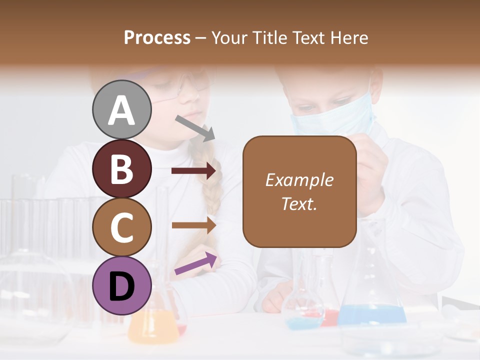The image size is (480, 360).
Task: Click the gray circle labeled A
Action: [121, 109]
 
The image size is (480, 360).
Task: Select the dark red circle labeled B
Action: [121, 168]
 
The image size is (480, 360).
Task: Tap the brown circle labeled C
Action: [121, 227]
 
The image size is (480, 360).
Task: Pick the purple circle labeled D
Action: [121, 285]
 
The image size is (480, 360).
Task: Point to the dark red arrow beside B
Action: [193, 171]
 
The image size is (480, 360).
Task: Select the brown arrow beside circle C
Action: [193, 225]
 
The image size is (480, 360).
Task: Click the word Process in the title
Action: [157, 38]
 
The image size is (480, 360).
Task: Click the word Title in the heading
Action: [268, 38]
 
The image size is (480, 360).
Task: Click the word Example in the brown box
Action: [299, 180]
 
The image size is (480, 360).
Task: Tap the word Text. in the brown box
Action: [299, 203]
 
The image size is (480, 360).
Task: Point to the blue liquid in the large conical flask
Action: [372, 315]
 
